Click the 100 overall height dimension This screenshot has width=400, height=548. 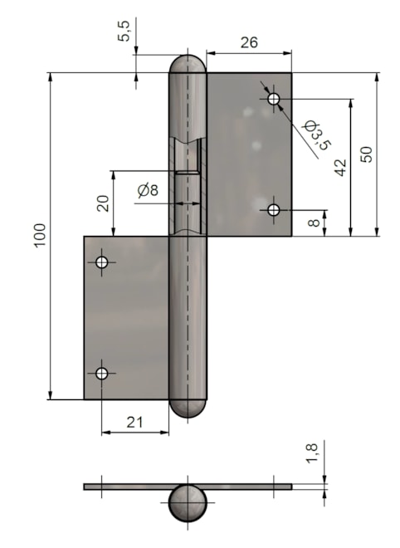(40, 235)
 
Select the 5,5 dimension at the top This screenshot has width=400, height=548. (124, 31)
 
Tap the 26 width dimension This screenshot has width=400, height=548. (249, 42)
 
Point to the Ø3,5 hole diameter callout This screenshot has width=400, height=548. (317, 135)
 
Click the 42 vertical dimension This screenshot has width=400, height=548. (340, 167)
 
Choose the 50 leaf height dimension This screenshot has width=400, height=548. (367, 154)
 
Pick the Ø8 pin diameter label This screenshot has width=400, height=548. (148, 190)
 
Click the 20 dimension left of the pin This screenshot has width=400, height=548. (104, 203)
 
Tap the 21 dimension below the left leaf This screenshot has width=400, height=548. (134, 422)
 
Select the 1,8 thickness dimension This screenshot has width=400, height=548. (311, 453)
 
